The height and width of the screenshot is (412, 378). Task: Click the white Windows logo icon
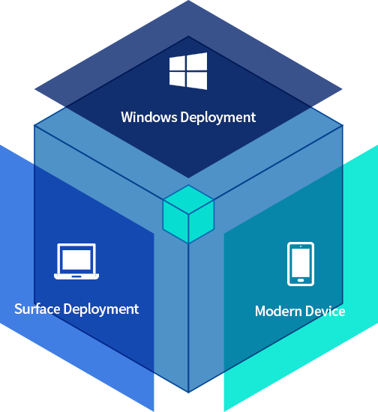click(188, 71)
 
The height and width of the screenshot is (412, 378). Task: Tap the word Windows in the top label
click(149, 117)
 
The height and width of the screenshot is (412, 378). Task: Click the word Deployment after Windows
click(218, 118)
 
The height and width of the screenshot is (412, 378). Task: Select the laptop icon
click(76, 261)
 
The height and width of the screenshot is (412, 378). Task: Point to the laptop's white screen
click(76, 260)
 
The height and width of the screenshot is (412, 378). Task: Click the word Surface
click(37, 309)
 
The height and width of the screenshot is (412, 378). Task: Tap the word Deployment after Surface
click(101, 309)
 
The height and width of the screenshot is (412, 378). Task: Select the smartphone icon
click(301, 264)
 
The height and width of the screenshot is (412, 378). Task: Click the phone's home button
click(301, 280)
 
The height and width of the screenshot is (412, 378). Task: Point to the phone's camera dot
click(301, 246)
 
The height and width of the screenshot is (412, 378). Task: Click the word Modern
click(278, 311)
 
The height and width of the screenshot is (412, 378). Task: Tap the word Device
click(325, 311)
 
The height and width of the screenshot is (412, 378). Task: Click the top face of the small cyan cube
click(188, 200)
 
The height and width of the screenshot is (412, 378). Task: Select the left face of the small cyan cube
click(175, 222)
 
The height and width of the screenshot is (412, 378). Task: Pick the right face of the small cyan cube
click(201, 222)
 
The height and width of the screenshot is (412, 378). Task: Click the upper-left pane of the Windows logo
click(177, 64)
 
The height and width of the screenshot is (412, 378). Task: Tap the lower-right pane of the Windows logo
click(197, 81)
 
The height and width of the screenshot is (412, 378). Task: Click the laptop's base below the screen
click(76, 276)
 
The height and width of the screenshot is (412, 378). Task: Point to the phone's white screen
click(301, 261)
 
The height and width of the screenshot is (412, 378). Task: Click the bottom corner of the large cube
click(188, 393)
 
